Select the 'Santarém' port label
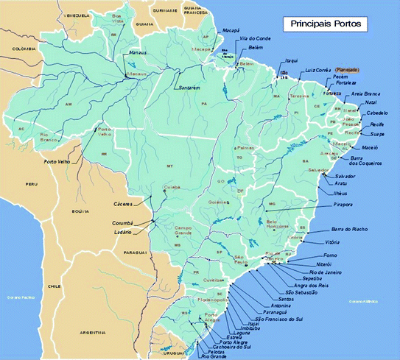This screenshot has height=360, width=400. point(186,88)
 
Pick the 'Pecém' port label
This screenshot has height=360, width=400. point(340,77)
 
